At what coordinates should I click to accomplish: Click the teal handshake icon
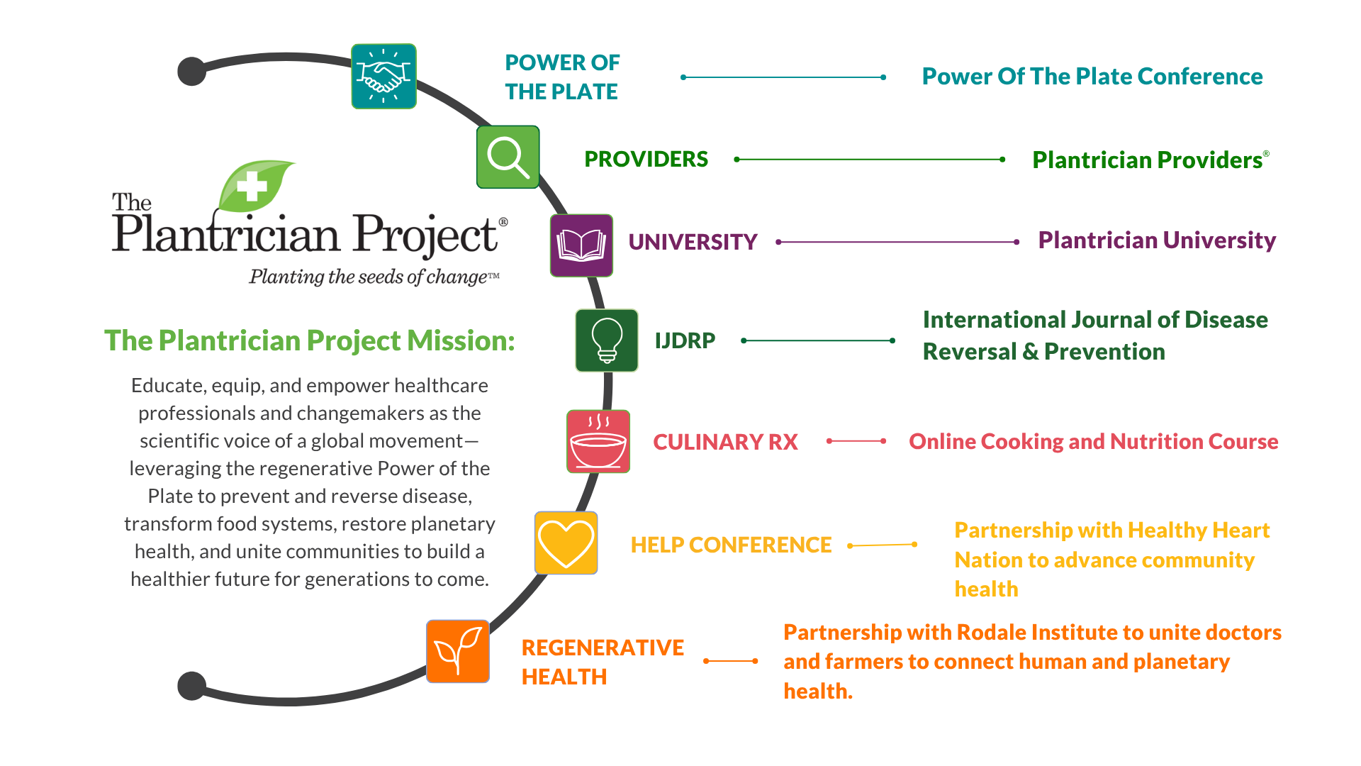383,76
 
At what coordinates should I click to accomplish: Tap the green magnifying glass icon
508,157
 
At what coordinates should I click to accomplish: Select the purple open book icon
581,245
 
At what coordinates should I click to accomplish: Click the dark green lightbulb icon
607,340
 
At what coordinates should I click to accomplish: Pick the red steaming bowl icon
598,441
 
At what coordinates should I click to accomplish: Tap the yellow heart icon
566,543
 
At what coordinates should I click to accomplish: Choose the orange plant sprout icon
458,651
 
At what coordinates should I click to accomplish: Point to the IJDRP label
685,340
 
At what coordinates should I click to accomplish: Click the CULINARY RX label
725,442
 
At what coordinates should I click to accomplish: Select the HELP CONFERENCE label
731,545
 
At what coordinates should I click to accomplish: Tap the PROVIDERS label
646,159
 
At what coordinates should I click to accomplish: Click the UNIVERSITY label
693,242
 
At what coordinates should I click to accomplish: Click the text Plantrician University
1157,240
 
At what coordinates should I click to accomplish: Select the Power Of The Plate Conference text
1092,77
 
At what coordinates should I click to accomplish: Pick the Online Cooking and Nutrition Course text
1093,441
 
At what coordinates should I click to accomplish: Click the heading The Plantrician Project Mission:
309,340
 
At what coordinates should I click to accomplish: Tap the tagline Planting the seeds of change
374,277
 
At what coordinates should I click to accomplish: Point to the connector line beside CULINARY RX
856,441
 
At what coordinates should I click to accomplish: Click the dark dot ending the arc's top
191,71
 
